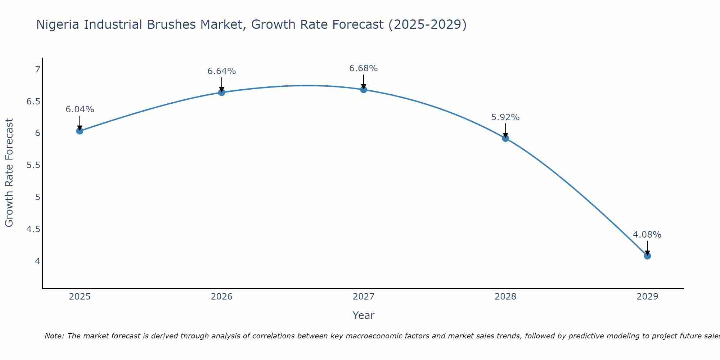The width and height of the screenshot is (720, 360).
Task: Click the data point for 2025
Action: (80, 131)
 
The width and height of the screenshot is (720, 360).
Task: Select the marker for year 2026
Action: (222, 93)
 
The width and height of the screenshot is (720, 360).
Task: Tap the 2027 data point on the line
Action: (364, 90)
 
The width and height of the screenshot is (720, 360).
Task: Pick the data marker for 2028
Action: (505, 138)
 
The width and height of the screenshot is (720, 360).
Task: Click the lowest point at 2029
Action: (647, 256)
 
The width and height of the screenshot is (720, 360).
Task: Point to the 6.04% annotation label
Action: (80, 109)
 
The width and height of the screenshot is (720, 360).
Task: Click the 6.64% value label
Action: (222, 71)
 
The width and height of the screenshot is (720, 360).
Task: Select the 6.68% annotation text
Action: (364, 68)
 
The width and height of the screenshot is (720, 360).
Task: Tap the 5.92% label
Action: (505, 117)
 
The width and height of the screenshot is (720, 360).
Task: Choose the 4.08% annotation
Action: (647, 235)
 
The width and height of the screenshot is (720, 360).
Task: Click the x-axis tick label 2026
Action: (222, 297)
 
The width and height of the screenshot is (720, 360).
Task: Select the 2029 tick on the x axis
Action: (647, 297)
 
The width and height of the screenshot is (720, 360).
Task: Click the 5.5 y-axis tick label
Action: (33, 165)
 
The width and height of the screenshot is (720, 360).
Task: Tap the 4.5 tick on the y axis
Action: (33, 229)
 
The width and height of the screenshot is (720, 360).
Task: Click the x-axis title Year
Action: (364, 315)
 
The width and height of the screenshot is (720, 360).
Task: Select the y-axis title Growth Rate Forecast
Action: (9, 173)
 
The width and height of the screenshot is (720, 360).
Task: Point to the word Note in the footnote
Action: (54, 336)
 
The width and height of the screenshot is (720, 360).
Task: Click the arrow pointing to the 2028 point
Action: (505, 130)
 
